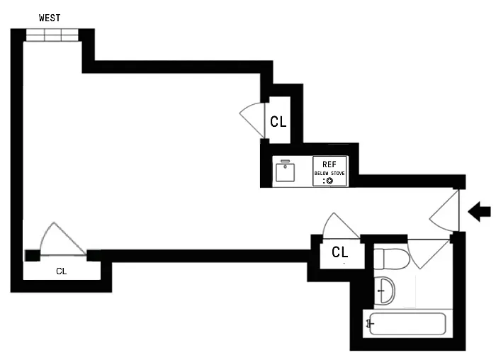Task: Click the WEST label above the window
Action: [x=50, y=18]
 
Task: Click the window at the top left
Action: [x=50, y=35]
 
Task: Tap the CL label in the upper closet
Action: [x=278, y=121]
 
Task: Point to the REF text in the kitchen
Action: [x=329, y=163]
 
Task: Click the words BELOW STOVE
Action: [x=329, y=172]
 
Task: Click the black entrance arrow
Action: [x=480, y=211]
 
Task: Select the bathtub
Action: [x=406, y=325]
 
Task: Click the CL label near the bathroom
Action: [x=340, y=252]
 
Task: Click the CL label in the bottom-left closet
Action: [x=62, y=271]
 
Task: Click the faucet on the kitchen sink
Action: [x=286, y=162]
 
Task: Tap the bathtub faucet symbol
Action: [x=369, y=324]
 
